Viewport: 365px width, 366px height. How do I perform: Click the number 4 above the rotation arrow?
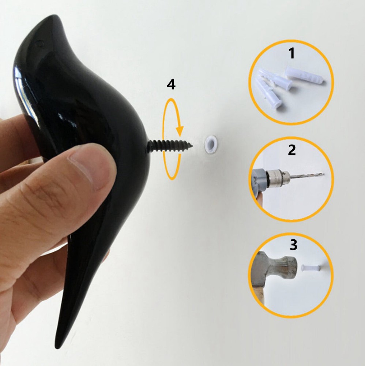(x=171, y=85)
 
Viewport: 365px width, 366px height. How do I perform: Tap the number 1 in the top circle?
(x=291, y=54)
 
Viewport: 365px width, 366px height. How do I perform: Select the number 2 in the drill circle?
(x=291, y=150)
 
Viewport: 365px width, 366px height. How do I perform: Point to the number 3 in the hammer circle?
(x=293, y=245)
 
